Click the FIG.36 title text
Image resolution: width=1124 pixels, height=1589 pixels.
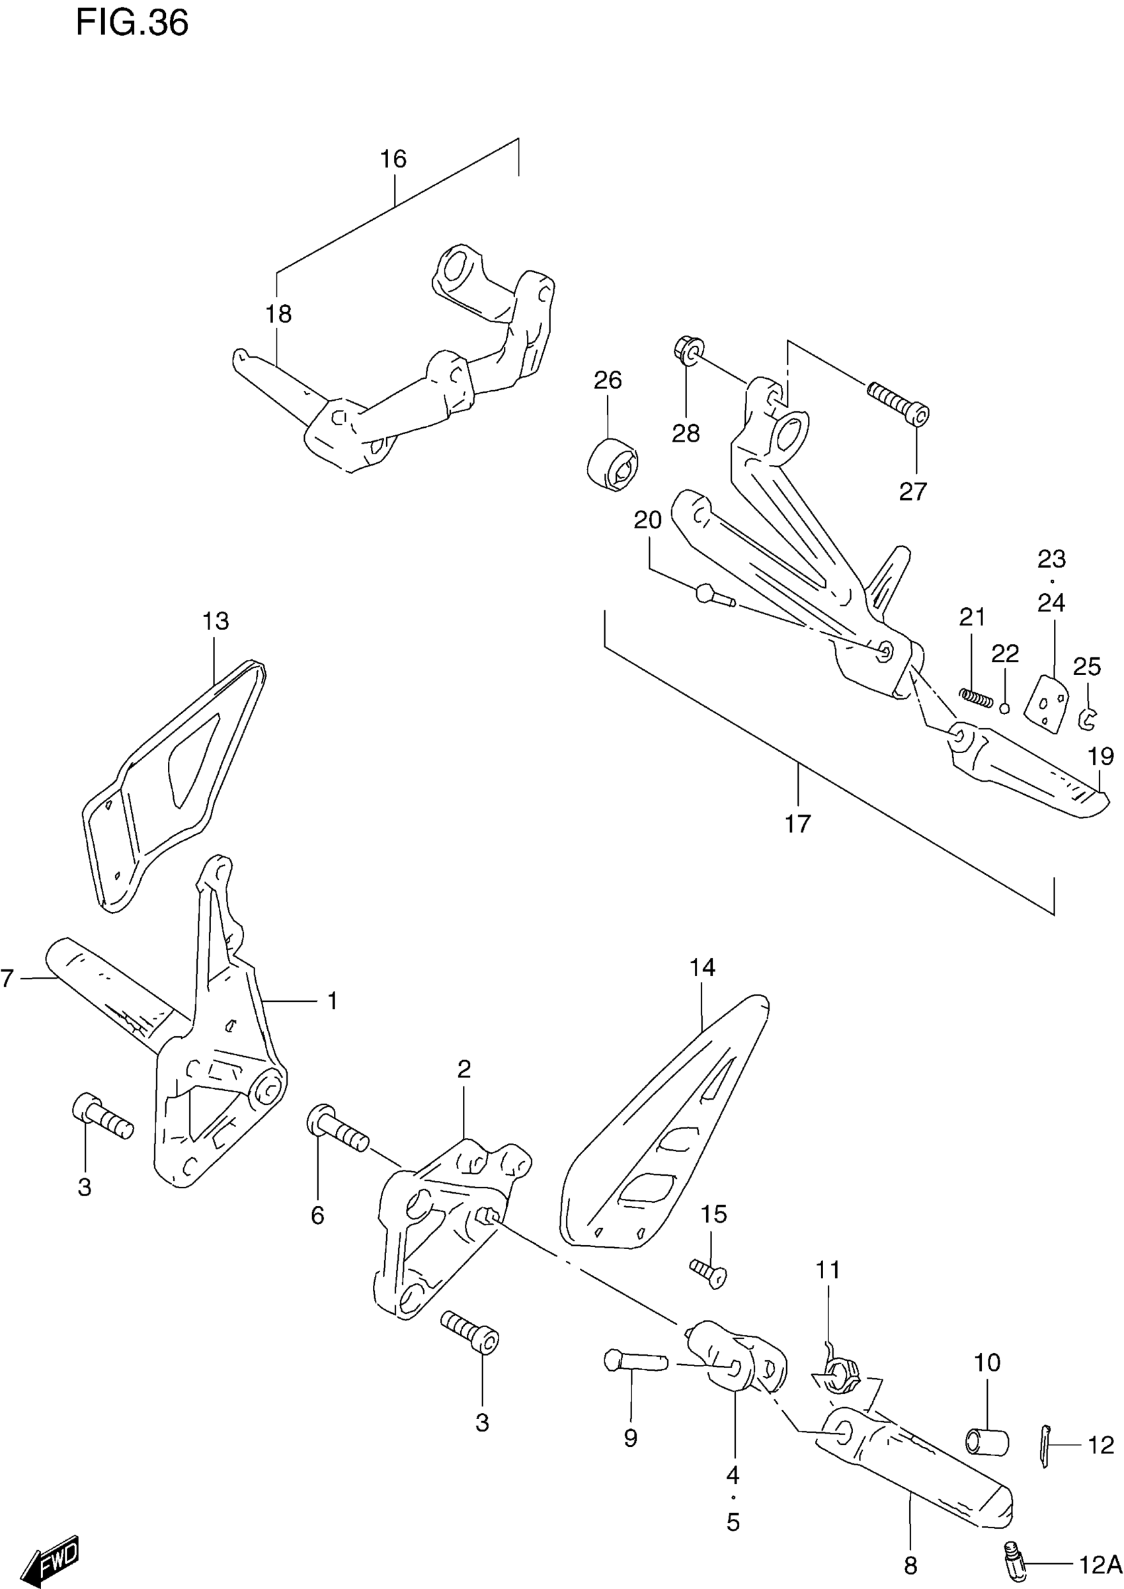(132, 23)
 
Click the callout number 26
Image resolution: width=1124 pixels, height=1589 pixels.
(608, 380)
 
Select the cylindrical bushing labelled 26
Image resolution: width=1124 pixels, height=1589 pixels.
(612, 464)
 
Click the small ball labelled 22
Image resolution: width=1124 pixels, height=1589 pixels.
(1005, 708)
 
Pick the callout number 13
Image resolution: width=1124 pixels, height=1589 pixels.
(216, 621)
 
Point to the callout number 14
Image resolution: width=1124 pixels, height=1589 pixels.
(702, 967)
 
